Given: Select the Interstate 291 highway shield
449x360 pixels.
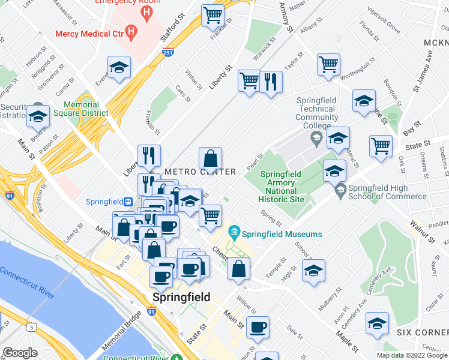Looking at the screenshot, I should click(169, 54).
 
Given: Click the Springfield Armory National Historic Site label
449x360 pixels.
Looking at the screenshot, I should click(286, 187).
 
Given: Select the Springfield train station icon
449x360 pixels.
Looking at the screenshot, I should click(128, 202).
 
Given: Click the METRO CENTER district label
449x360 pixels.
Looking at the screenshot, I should click(191, 172).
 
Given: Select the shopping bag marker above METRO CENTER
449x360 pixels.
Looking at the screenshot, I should click(211, 159).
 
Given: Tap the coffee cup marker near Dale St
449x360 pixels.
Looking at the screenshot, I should click(258, 327).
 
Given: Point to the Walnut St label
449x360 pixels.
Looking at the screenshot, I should click(422, 230).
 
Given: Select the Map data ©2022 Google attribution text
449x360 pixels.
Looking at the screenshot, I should click(411, 355).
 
